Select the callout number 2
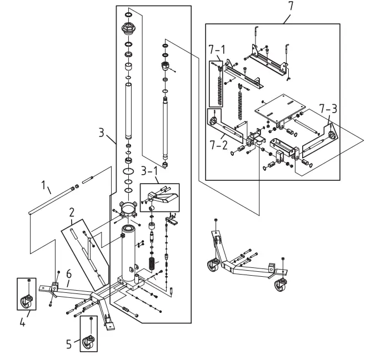(71, 212)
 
